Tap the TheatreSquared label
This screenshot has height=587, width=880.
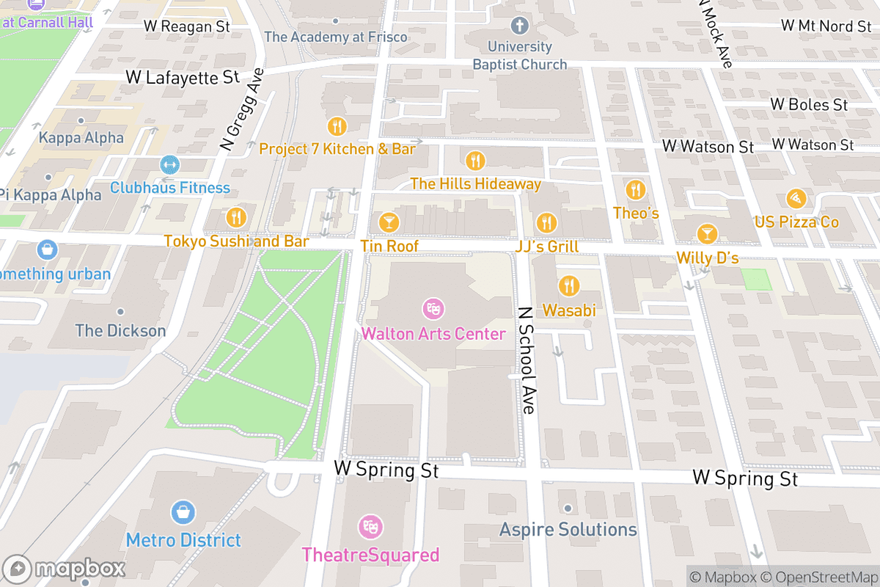(x=370, y=555)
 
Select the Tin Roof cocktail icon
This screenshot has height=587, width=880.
(x=389, y=222)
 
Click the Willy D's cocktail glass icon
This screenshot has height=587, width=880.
(x=707, y=234)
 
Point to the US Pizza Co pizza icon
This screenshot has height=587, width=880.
(x=796, y=198)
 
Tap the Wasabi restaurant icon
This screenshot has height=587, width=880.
(x=568, y=286)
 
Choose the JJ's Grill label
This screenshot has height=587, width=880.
(x=546, y=247)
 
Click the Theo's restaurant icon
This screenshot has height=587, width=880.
(x=635, y=190)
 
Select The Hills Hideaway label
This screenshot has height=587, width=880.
(x=475, y=183)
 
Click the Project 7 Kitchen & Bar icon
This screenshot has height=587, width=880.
(x=337, y=126)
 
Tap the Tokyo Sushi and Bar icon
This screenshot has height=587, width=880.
(x=235, y=217)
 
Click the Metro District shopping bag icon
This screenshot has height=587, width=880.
(x=183, y=513)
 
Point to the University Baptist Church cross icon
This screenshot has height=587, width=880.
(x=520, y=27)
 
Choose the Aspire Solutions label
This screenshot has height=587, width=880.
(x=568, y=529)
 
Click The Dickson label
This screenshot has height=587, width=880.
(x=121, y=330)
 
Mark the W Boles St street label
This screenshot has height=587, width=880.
(x=809, y=104)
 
